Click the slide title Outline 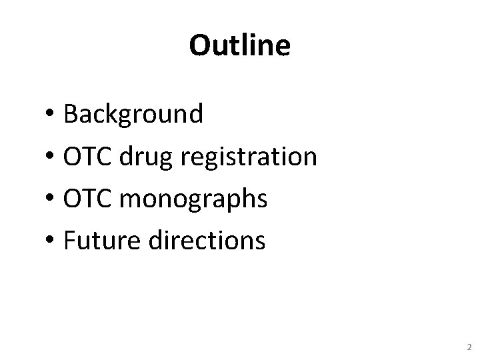click(239, 46)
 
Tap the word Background click(133, 115)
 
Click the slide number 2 click(469, 347)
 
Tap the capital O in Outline click(199, 46)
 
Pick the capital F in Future click(69, 241)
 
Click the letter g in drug click(165, 161)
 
